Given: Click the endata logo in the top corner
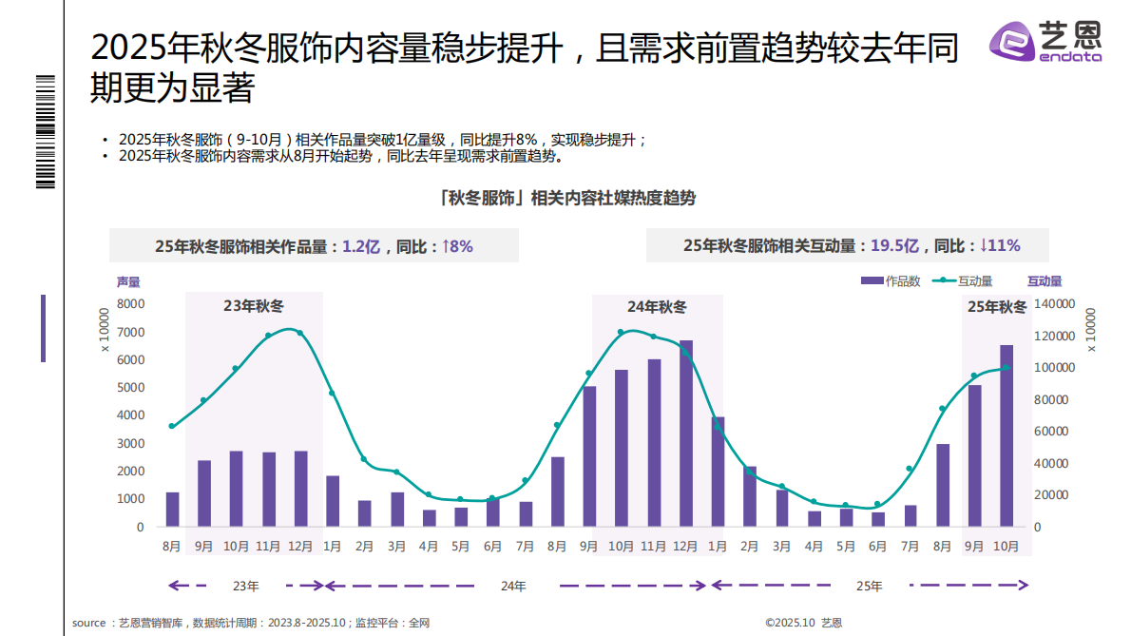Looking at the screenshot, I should point(1045,43).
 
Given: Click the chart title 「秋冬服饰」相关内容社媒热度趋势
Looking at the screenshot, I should point(567,198).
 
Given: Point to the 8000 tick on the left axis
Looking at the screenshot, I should point(130,304).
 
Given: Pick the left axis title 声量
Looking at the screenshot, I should point(128,281).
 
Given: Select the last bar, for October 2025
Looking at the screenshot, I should point(1006,435).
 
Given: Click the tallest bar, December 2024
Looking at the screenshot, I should point(685,434).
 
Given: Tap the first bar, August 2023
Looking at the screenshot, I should point(172,510).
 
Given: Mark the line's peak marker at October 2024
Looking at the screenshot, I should point(621,332).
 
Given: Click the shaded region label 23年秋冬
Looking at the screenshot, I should point(254,306).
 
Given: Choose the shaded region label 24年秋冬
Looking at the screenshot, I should point(657,306).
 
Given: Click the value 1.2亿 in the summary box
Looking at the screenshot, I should point(361,246).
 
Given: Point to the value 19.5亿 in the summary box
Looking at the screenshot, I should point(894,246).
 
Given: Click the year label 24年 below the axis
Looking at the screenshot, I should point(513,587).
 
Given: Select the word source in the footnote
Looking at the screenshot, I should point(88,624).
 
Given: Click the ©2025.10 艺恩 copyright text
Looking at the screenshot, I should point(803,624).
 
